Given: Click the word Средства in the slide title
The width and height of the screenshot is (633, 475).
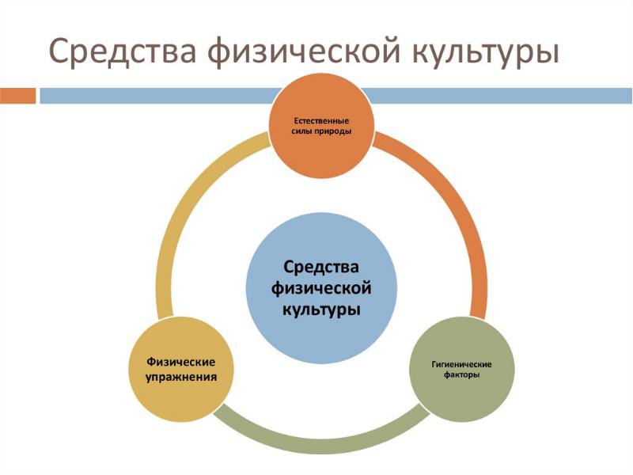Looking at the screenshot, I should [x=122, y=51].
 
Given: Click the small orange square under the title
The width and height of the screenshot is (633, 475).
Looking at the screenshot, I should [x=17, y=96].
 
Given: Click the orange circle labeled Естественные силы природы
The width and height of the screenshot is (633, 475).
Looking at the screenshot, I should [x=321, y=127].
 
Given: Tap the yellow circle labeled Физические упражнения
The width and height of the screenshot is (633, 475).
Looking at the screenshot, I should [x=181, y=369].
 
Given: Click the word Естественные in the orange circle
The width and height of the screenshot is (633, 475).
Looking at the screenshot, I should [x=321, y=121].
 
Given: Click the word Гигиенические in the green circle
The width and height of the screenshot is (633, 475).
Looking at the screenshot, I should [x=461, y=364].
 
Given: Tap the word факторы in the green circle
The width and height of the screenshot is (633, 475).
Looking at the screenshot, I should [x=461, y=374].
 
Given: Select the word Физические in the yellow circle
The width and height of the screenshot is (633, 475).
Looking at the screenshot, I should [x=181, y=362].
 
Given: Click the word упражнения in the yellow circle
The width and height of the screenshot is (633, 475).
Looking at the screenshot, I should [x=181, y=377].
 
